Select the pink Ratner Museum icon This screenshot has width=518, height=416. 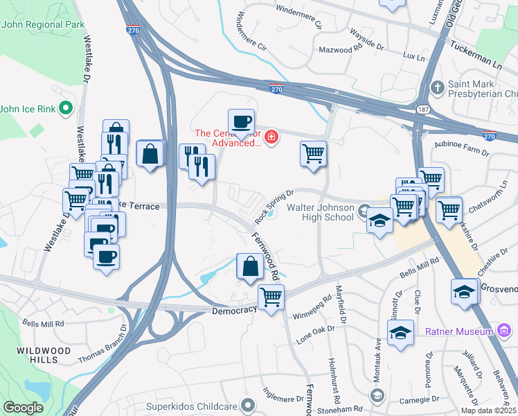(x=488, y=331)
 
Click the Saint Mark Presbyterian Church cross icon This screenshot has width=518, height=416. (x=436, y=88)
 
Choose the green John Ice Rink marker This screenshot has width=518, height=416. (x=66, y=108)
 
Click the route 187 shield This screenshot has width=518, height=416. (x=422, y=110)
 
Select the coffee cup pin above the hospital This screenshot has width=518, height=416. (x=241, y=122)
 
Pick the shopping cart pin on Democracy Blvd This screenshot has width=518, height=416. (x=271, y=297)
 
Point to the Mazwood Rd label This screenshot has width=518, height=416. (x=340, y=50)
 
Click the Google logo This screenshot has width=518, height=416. (x=23, y=408)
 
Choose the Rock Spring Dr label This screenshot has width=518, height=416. (x=274, y=206)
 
